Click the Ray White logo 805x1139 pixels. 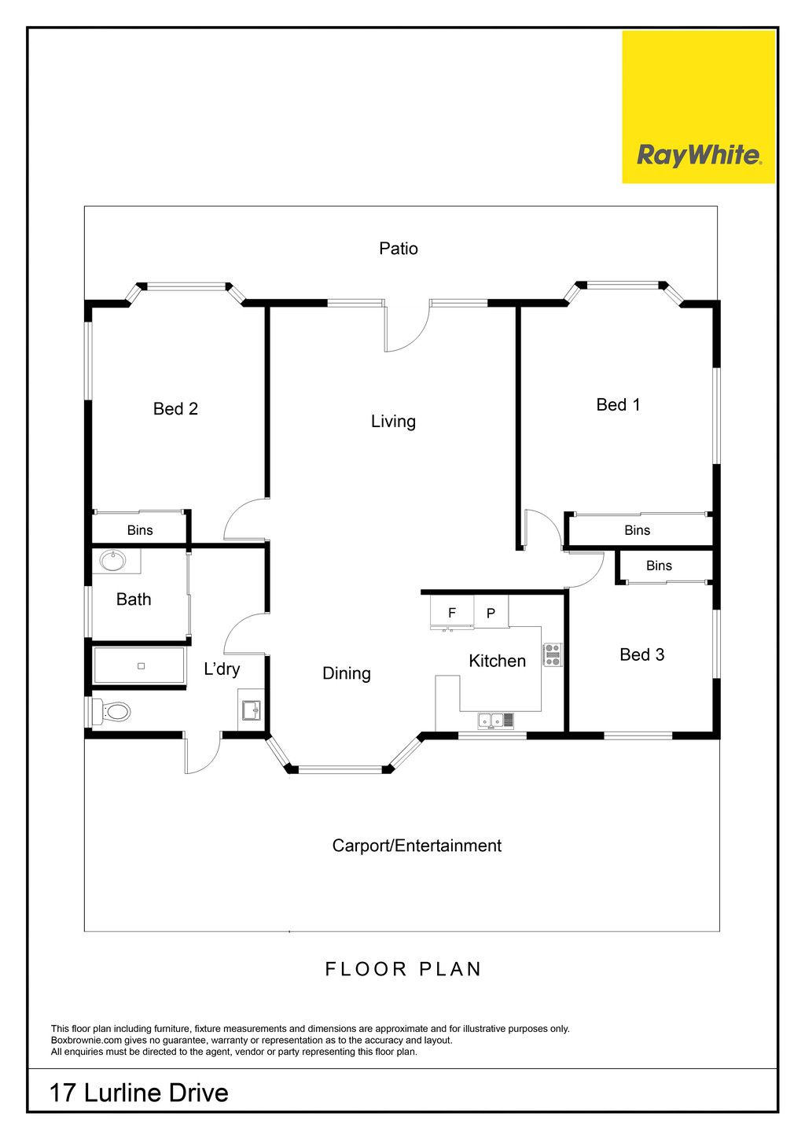point(698,107)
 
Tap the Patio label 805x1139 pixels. point(399,249)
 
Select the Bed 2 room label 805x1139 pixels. point(175,408)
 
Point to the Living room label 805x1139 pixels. point(393,422)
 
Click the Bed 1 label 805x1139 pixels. point(618,405)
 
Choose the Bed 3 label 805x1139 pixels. point(641,654)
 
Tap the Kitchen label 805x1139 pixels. point(497,661)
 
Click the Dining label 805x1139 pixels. point(347,674)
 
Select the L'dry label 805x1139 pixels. point(222,669)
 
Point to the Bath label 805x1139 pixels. point(134,599)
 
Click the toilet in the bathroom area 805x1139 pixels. point(112,711)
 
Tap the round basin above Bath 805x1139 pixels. point(113,562)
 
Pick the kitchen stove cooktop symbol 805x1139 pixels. point(553,654)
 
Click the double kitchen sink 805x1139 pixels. point(495,721)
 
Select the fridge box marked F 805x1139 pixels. point(452,614)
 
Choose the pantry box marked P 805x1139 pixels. point(491,612)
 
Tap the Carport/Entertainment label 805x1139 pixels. point(417,846)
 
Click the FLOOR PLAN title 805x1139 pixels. point(403,969)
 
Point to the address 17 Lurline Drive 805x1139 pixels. point(138,1093)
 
